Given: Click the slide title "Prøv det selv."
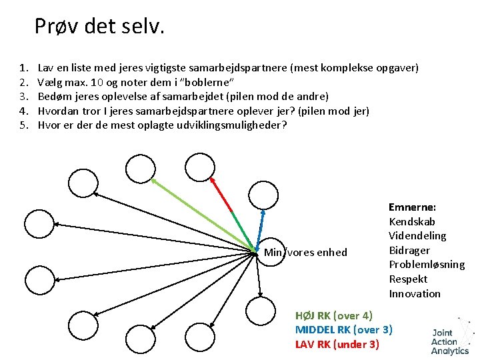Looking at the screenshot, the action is (99, 27).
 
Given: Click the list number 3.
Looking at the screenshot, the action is (24, 97).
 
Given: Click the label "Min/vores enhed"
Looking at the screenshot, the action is (305, 252).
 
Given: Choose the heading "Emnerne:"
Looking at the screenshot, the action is (412, 207).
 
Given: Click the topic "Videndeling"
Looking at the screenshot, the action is (417, 236).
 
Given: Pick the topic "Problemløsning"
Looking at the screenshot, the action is (427, 265).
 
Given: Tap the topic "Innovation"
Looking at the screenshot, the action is (415, 294).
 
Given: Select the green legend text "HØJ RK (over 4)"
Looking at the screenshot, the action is (334, 315).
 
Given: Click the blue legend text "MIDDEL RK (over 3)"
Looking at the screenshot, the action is (343, 329).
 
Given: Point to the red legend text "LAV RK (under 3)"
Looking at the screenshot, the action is (337, 344).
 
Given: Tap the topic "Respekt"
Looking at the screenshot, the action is (408, 279).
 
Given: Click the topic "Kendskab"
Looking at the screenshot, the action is (411, 222).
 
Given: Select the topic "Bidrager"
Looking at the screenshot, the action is (410, 250).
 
